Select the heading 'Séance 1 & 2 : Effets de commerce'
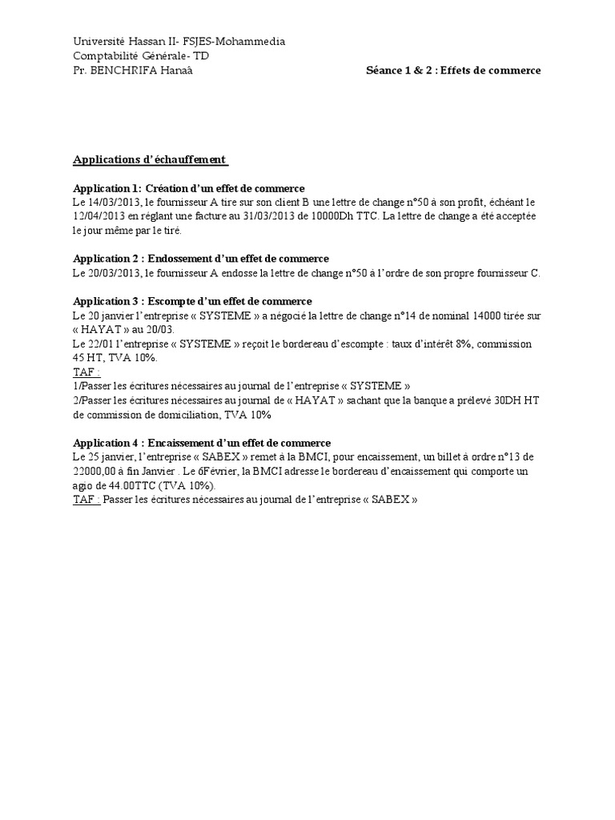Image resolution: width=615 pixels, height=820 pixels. click(x=453, y=70)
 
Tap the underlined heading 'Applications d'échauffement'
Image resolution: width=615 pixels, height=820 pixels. click(x=151, y=159)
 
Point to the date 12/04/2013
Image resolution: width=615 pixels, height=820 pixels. click(x=103, y=217)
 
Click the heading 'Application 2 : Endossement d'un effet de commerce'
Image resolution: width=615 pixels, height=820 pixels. click(x=201, y=259)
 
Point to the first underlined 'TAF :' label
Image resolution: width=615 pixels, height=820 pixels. click(x=87, y=372)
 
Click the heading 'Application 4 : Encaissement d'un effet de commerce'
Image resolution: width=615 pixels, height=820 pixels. click(x=202, y=443)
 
